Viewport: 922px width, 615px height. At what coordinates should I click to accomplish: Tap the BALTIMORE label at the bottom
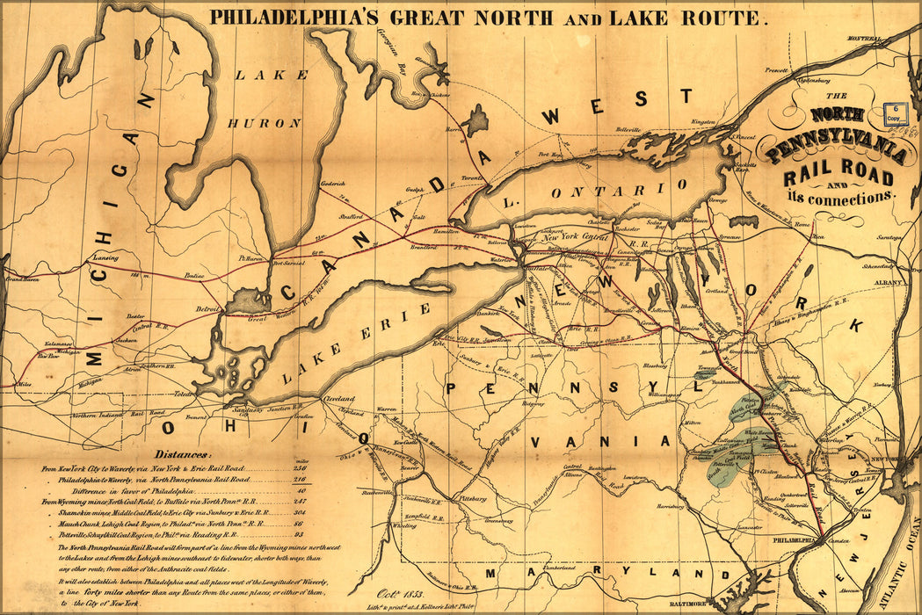[x=687, y=604]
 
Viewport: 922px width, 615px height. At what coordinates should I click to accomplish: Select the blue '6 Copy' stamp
[x=894, y=112]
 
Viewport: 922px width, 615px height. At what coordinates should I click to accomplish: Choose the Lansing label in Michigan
[x=105, y=257]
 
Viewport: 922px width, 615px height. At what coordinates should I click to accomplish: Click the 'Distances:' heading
[x=183, y=454]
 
